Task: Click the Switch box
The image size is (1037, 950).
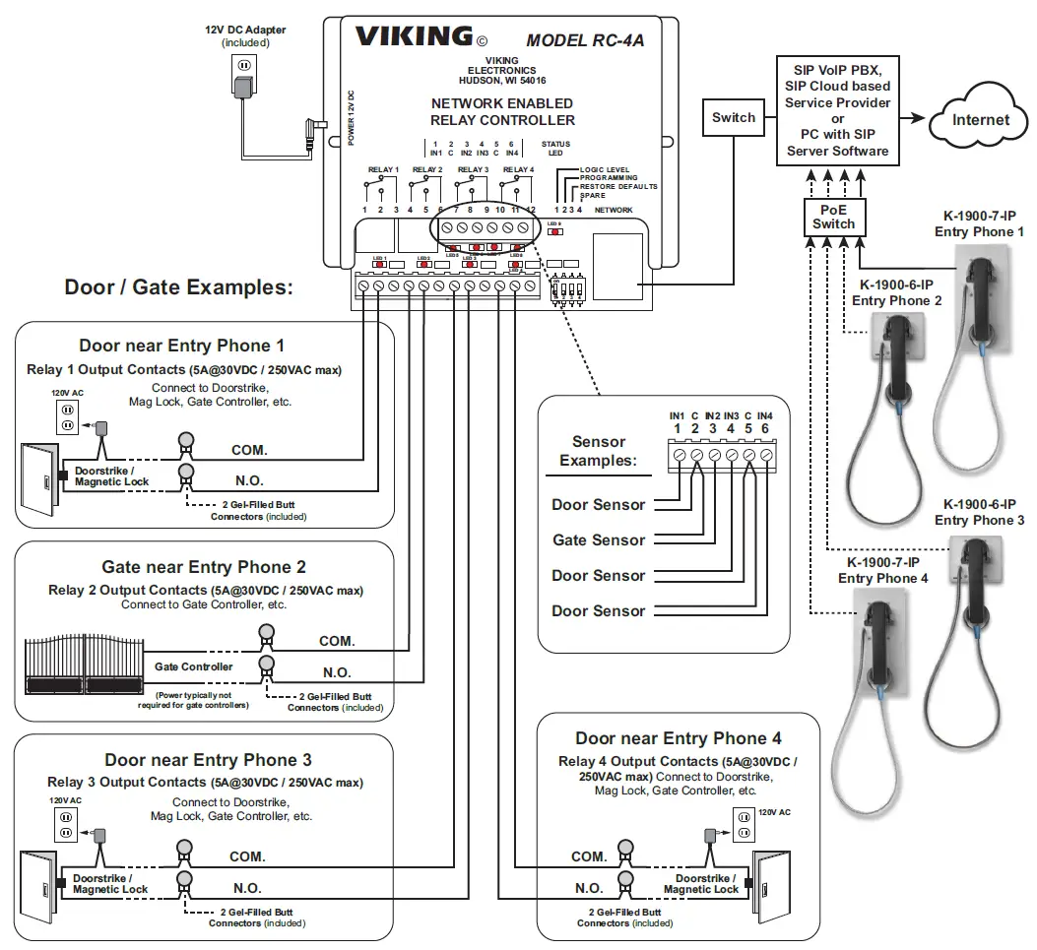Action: (734, 118)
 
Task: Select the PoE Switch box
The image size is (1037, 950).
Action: (833, 217)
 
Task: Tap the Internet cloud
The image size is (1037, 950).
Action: (980, 120)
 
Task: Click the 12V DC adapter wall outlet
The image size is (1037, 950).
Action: (242, 68)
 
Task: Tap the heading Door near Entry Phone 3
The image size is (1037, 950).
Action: (208, 760)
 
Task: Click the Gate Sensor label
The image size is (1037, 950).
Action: (598, 539)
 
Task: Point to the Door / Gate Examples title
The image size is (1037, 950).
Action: (178, 287)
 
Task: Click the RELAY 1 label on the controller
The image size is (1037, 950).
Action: (383, 169)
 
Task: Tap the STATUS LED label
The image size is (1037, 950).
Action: (555, 149)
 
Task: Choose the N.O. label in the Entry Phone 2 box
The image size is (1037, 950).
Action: (337, 673)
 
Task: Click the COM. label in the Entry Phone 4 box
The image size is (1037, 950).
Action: (589, 856)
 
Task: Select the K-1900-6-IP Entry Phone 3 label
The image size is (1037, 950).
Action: (979, 512)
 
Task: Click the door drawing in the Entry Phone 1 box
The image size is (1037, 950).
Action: (39, 478)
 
